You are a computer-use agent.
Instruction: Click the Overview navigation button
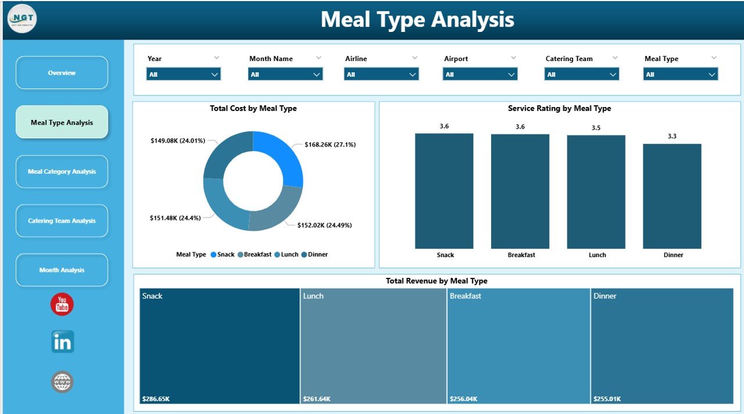pyautogui.click(x=62, y=73)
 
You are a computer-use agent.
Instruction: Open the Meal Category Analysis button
pyautogui.click(x=62, y=172)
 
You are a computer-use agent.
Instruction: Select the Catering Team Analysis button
pyautogui.click(x=62, y=221)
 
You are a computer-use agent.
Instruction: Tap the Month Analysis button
pyautogui.click(x=62, y=270)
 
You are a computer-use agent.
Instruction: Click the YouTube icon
pyautogui.click(x=62, y=304)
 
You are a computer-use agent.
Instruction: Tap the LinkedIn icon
pyautogui.click(x=62, y=342)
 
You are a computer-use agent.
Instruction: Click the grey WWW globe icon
pyautogui.click(x=62, y=382)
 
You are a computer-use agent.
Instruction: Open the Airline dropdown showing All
pyautogui.click(x=381, y=74)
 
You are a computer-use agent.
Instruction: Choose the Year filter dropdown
pyautogui.click(x=183, y=74)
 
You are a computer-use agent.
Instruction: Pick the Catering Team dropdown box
pyautogui.click(x=581, y=74)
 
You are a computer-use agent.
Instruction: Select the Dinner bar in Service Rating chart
pyautogui.click(x=672, y=196)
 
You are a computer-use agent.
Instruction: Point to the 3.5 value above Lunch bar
pyautogui.click(x=596, y=128)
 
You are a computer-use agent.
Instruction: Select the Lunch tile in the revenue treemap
pyautogui.click(x=373, y=345)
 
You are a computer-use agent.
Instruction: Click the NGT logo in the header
pyautogui.click(x=22, y=19)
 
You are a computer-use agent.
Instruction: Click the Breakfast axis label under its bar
pyautogui.click(x=521, y=255)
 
